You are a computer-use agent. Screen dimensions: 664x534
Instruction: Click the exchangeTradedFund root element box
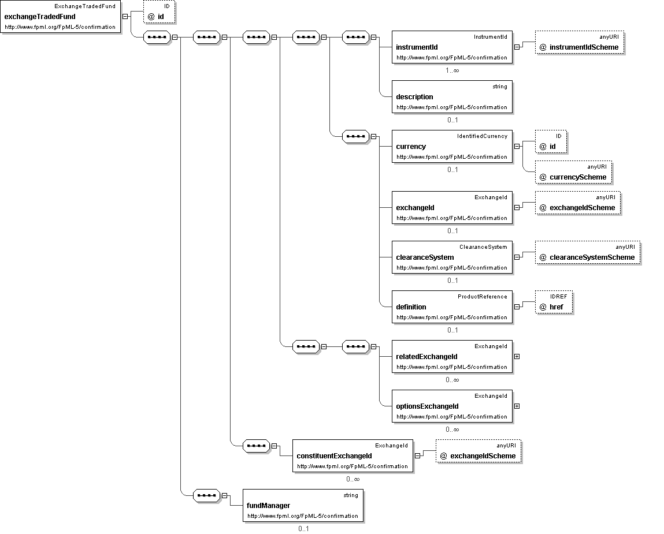(x=61, y=17)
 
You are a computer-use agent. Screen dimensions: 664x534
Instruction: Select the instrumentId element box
(x=452, y=47)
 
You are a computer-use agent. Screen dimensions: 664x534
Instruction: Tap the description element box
(x=452, y=96)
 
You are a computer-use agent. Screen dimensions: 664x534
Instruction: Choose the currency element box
(x=452, y=147)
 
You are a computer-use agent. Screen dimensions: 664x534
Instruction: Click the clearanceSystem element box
(x=452, y=257)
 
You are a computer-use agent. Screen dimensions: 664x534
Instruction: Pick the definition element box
(x=452, y=307)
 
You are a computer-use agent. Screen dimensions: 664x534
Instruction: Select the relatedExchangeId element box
(x=452, y=356)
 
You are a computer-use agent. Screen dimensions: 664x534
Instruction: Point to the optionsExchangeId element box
(x=452, y=406)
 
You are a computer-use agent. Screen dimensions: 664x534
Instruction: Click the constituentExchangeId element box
(x=353, y=455)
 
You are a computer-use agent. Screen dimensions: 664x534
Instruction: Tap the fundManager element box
(x=303, y=505)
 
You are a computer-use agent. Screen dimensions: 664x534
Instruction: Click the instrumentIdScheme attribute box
(x=579, y=42)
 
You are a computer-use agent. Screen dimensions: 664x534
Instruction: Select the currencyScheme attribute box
(x=573, y=172)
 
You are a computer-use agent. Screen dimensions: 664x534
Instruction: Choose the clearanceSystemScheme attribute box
(x=588, y=252)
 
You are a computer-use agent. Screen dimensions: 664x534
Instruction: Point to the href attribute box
(x=554, y=302)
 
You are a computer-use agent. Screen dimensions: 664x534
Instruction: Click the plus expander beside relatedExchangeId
(x=517, y=356)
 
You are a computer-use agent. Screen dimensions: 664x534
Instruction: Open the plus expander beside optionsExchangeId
(x=517, y=406)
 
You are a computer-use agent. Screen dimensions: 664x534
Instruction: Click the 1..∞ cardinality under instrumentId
(x=452, y=70)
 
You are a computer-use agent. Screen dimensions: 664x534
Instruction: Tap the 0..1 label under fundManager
(x=303, y=528)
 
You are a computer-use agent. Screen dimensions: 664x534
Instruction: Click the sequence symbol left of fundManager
(x=207, y=495)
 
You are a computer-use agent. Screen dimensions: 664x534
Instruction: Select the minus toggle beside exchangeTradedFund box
(x=125, y=17)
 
